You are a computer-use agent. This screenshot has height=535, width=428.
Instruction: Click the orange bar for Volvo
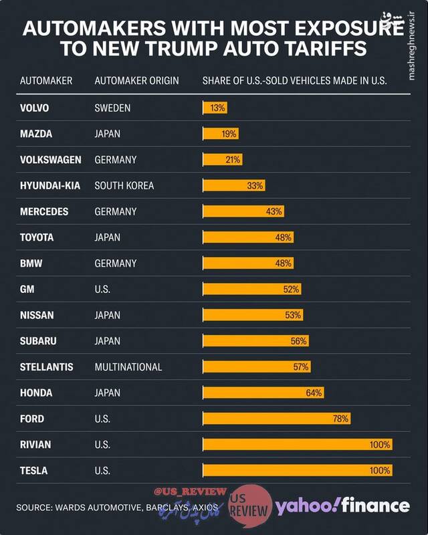click(x=215, y=108)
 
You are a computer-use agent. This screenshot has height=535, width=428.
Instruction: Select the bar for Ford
click(x=276, y=419)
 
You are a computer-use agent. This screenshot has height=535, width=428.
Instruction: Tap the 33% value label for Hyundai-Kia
click(x=255, y=185)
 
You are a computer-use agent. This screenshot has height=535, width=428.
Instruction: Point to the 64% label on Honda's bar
click(x=314, y=393)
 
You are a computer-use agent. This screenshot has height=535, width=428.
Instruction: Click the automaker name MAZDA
click(x=36, y=134)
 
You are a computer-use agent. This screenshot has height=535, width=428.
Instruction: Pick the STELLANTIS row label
click(x=46, y=366)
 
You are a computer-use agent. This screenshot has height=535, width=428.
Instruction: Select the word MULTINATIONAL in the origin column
click(x=128, y=366)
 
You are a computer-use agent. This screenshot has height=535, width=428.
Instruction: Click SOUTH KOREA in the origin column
click(x=124, y=185)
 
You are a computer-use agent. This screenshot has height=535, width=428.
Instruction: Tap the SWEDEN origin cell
click(x=112, y=108)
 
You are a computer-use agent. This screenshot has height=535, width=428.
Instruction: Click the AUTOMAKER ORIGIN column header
click(x=137, y=81)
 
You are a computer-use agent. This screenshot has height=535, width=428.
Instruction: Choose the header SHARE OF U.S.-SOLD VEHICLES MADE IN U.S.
click(x=295, y=81)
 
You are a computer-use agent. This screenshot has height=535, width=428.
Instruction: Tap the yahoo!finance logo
click(x=342, y=506)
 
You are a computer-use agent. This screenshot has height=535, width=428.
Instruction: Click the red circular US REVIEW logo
click(x=250, y=506)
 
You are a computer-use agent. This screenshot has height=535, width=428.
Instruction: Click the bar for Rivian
click(x=298, y=445)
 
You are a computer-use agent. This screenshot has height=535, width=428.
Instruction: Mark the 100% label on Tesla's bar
click(x=379, y=471)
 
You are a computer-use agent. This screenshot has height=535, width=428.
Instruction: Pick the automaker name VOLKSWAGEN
click(x=51, y=160)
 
